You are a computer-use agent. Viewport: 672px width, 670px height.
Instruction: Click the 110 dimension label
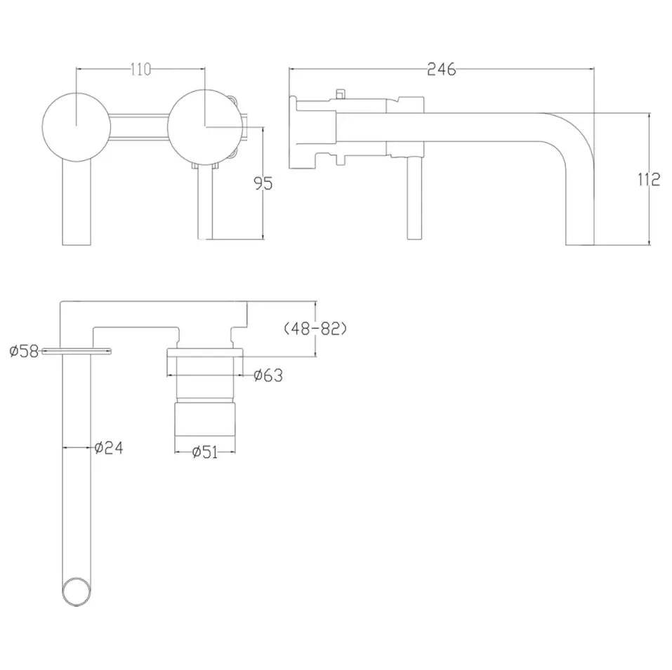click(x=140, y=69)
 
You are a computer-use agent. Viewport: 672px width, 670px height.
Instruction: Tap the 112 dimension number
click(x=649, y=180)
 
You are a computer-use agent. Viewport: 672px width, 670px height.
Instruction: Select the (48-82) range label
click(x=316, y=329)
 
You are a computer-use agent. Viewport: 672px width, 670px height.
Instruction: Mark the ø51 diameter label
click(x=204, y=452)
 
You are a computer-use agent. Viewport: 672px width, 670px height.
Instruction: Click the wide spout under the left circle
click(x=77, y=204)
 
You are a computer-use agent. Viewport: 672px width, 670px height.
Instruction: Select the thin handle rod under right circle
click(x=205, y=204)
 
